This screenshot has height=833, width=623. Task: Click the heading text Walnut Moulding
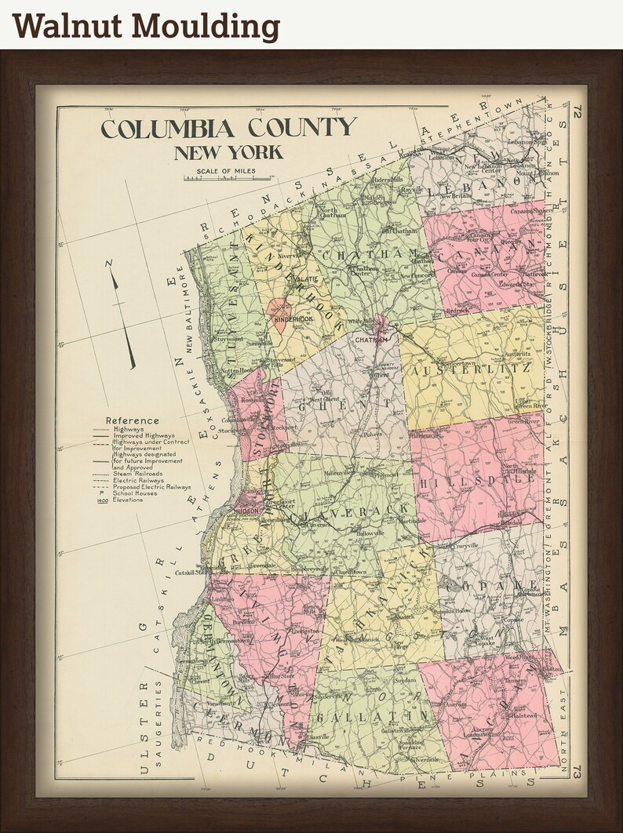tap(146, 25)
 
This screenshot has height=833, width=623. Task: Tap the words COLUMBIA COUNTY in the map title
tap(228, 128)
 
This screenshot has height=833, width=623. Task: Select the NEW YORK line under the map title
tap(228, 152)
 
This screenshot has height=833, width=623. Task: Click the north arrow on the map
tap(122, 314)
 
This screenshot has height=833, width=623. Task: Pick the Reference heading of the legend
tap(132, 420)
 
